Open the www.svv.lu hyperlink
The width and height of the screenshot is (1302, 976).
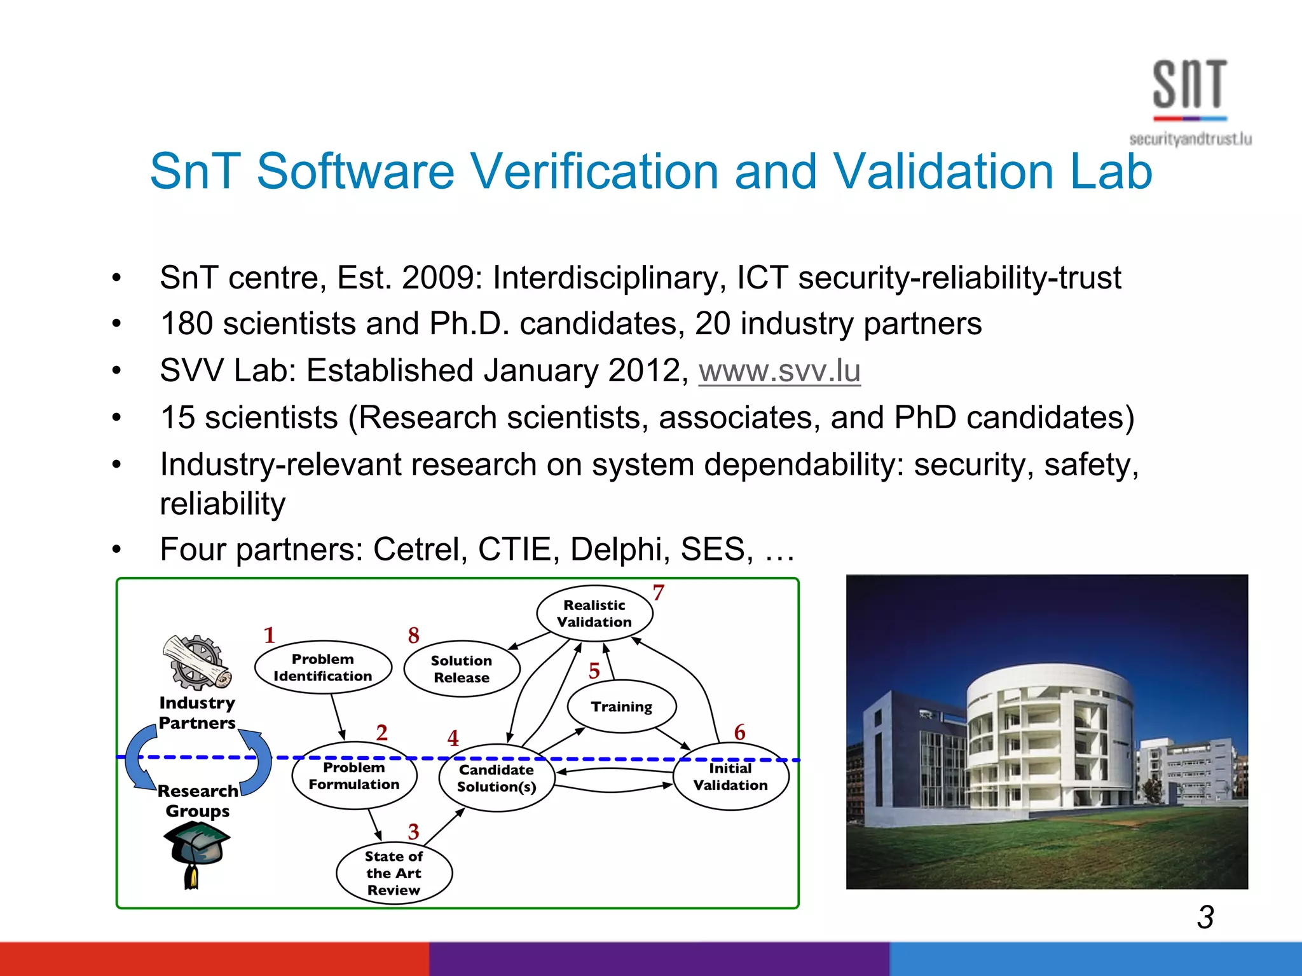click(x=779, y=371)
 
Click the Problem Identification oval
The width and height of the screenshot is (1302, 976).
click(x=323, y=667)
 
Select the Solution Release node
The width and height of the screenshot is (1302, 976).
click(x=462, y=669)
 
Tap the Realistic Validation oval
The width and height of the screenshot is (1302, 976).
click(x=594, y=613)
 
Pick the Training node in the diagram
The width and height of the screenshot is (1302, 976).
click(x=622, y=707)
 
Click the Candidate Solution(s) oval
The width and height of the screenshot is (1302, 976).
click(x=497, y=778)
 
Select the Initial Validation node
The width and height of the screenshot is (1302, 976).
click(x=730, y=776)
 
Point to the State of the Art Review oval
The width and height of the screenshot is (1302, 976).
click(x=394, y=874)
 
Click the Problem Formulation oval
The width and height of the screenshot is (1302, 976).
click(x=354, y=776)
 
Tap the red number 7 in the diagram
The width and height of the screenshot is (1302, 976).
click(x=659, y=593)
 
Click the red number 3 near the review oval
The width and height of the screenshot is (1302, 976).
click(x=414, y=832)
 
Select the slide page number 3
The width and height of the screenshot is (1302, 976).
click(x=1205, y=917)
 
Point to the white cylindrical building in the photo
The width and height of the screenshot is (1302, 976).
click(x=1049, y=737)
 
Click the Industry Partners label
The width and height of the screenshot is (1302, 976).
click(x=197, y=713)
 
